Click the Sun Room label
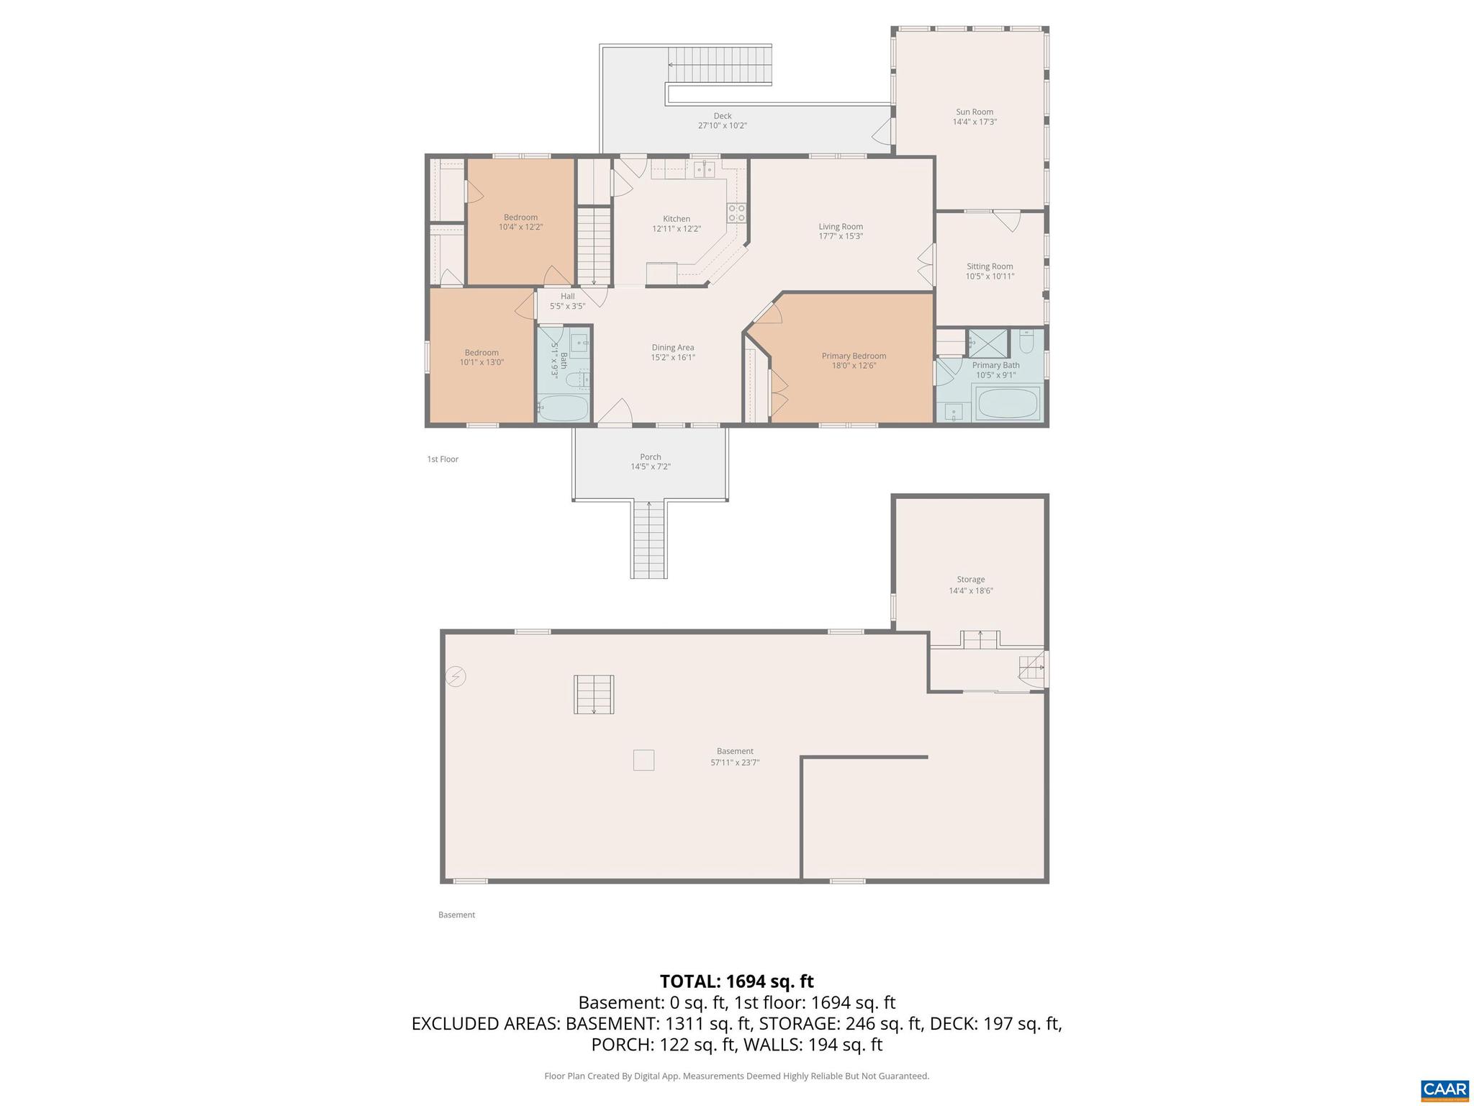click(974, 112)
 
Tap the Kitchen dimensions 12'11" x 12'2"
click(676, 229)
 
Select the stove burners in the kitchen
click(736, 212)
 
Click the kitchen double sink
click(704, 170)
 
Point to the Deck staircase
click(720, 65)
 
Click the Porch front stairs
click(649, 540)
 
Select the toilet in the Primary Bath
click(1027, 341)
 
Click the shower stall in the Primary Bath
click(988, 343)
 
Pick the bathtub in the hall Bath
click(564, 408)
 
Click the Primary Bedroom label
click(854, 356)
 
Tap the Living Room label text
click(840, 226)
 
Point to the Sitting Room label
click(990, 266)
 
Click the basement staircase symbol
click(594, 694)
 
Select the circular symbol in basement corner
click(456, 677)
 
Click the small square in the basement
click(643, 760)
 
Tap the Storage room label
click(970, 579)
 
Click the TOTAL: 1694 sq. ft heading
click(736, 981)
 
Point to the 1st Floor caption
click(443, 459)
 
